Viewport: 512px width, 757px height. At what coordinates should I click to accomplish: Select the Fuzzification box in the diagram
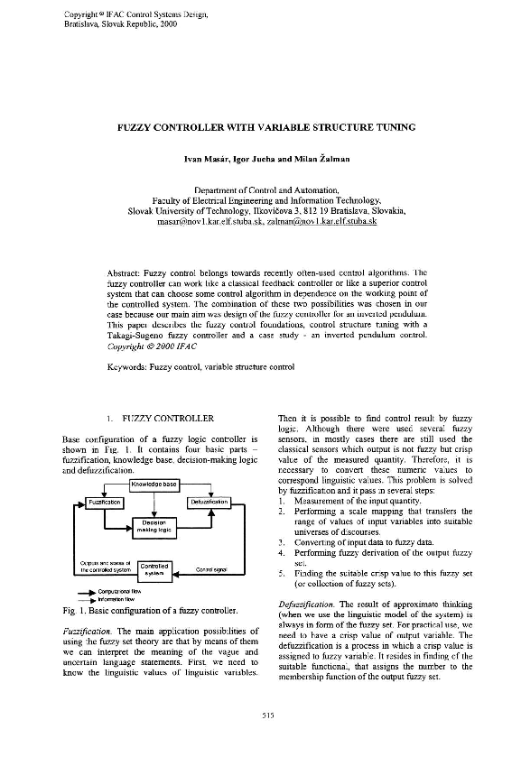tap(99, 502)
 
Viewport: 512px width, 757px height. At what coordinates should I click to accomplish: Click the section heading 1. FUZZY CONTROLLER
tap(159, 419)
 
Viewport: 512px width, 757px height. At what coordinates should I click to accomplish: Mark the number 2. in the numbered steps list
tap(283, 512)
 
